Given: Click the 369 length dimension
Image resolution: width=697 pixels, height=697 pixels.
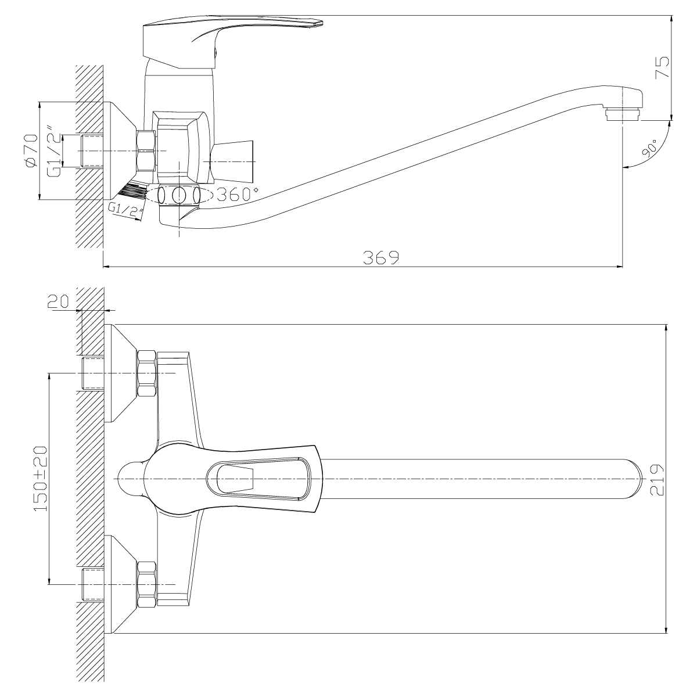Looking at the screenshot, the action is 381,257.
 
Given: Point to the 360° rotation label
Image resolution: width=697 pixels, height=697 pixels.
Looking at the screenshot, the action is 238,194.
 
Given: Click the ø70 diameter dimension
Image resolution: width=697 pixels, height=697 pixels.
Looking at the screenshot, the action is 31,150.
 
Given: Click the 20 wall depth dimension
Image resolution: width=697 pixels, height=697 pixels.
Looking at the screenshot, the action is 58,301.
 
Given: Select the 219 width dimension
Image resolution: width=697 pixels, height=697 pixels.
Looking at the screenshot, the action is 657,480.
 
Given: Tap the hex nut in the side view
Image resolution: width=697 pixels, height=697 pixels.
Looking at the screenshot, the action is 146,150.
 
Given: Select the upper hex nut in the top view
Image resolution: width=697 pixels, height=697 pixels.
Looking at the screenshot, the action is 147,374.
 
